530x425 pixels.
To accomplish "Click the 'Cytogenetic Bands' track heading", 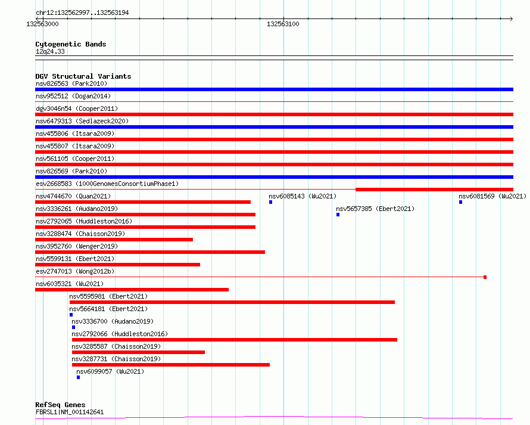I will coord(70,44).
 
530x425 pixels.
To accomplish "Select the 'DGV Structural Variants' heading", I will coord(83,76).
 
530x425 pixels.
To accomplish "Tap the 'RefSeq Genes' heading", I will coord(60,405).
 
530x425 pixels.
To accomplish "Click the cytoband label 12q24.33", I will coord(50,51).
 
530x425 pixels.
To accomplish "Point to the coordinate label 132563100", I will coord(283,24).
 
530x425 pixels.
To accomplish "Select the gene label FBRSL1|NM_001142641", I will coord(69,412).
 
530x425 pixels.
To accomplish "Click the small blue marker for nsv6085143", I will coord(270,202).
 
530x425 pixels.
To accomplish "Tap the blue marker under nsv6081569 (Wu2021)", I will coord(460,202).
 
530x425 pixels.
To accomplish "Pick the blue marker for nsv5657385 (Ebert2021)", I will coord(338,215).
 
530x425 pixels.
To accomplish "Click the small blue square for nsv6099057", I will coord(78,377).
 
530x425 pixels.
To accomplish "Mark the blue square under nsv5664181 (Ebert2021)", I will coord(71,315).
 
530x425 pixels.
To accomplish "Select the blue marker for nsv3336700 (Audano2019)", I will coord(73,327).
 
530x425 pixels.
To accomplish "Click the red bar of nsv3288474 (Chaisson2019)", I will coord(114,240).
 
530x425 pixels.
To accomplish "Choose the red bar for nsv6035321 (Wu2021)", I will coord(132,290).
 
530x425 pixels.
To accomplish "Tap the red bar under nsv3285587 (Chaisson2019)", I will coord(138,352).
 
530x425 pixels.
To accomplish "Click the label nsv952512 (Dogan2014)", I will coord(73,96).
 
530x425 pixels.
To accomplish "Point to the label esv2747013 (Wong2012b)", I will coord(74,271).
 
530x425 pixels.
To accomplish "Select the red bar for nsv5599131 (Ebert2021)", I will coord(117,265).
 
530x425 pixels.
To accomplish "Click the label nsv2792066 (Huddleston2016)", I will coord(119,334).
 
